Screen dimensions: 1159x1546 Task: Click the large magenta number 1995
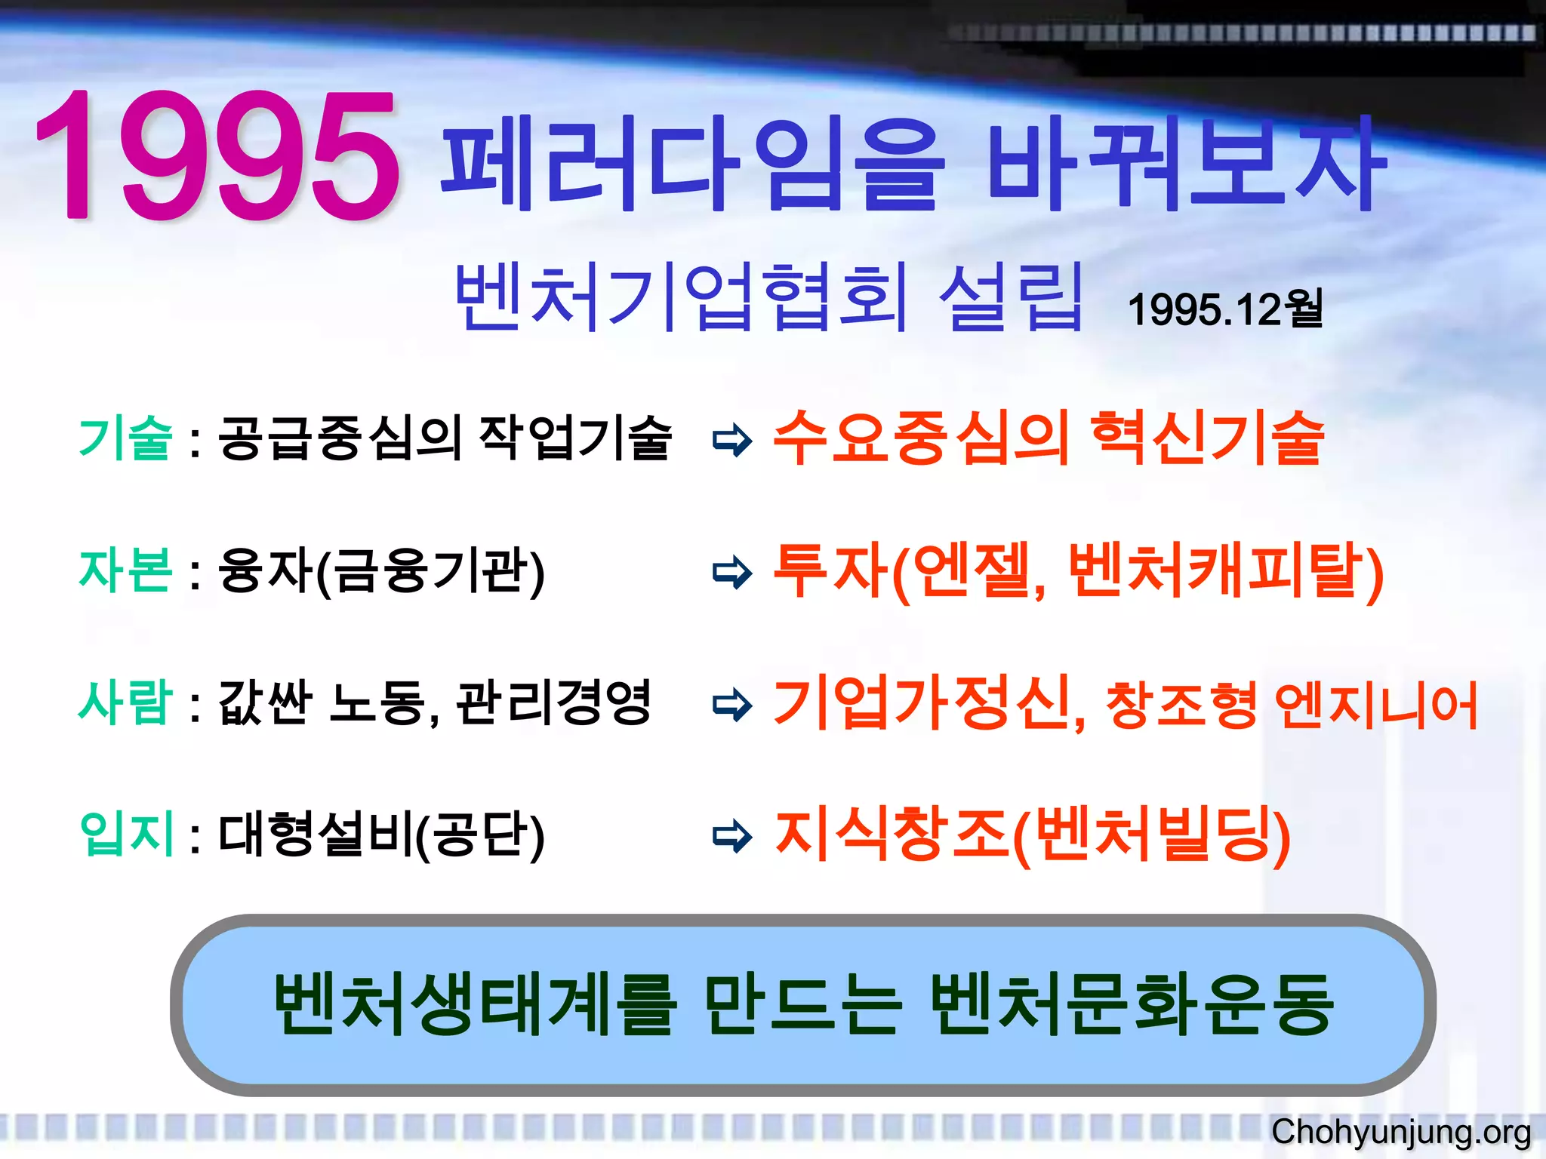coord(217,157)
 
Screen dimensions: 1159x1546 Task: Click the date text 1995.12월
coord(1224,309)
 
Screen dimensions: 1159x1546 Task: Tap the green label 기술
coord(125,438)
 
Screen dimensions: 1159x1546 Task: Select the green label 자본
coord(125,570)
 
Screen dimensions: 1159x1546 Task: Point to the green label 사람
coord(125,702)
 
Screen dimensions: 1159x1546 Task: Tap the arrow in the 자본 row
coord(731,573)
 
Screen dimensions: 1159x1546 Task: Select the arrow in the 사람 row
coord(731,705)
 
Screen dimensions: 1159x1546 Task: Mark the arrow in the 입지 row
coord(731,836)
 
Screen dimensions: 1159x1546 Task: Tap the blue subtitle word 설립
coord(1010,298)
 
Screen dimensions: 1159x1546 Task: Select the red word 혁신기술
coord(1208,438)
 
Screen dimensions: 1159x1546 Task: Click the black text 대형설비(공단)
coord(381,835)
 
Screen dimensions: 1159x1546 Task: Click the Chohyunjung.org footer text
coord(1400,1132)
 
